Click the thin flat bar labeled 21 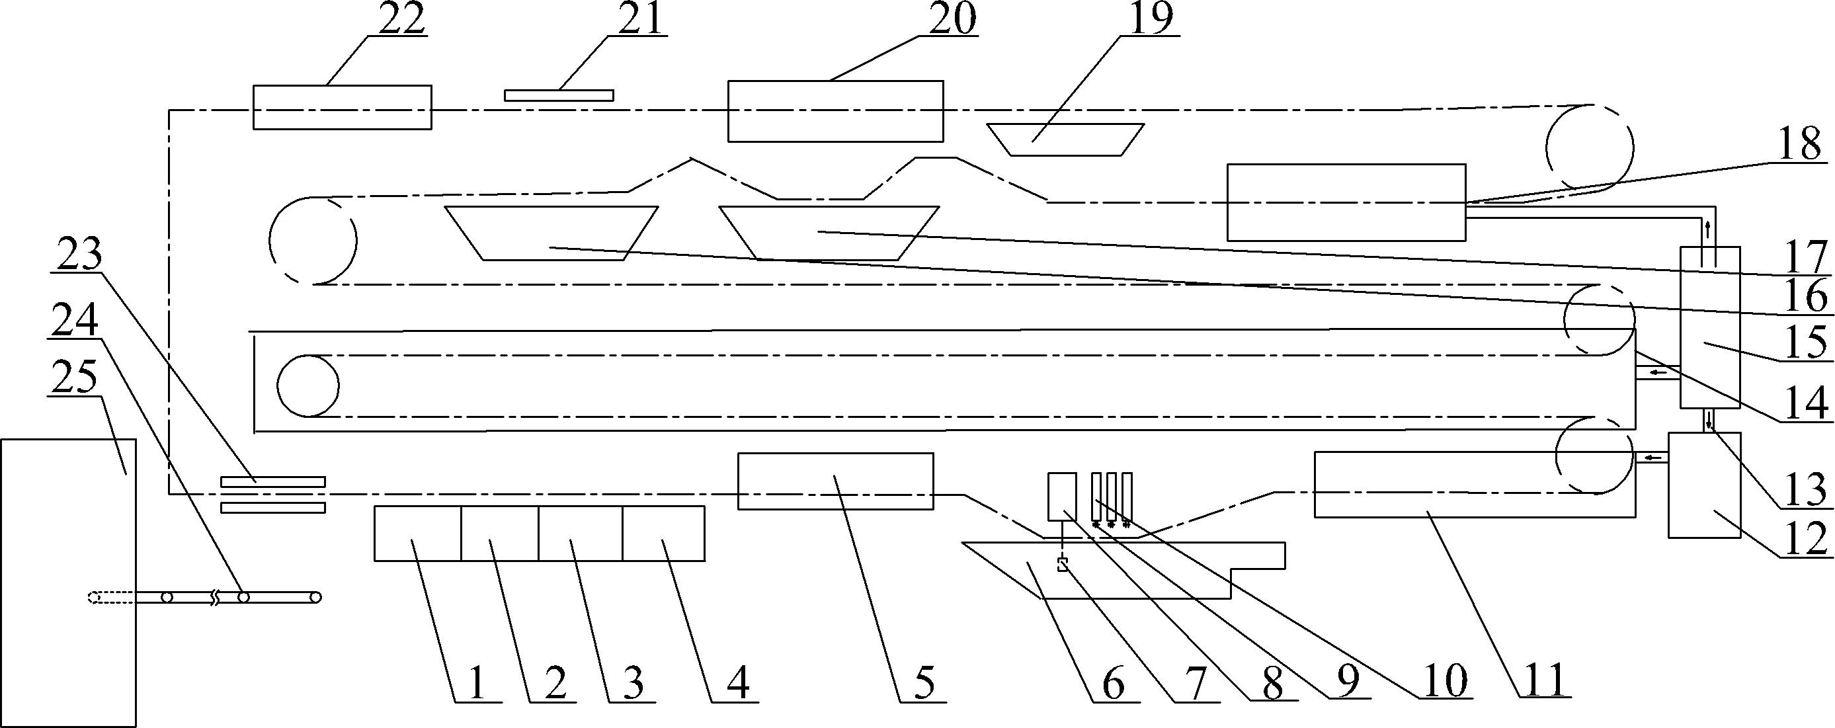559,95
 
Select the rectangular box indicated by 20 836,111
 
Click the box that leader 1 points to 417,533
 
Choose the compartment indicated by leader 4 664,533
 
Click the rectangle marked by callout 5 836,481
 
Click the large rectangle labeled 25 67,582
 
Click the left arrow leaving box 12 1653,458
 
